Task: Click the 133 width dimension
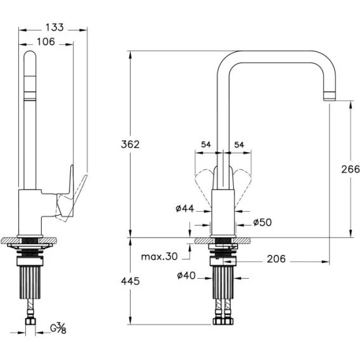55,27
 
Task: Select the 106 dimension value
46,42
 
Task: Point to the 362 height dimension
130,145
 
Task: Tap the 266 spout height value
350,169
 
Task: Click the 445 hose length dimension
130,281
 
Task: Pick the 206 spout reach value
276,259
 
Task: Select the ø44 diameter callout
185,209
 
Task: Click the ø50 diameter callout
262,222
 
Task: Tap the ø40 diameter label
186,275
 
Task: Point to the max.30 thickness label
159,257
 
